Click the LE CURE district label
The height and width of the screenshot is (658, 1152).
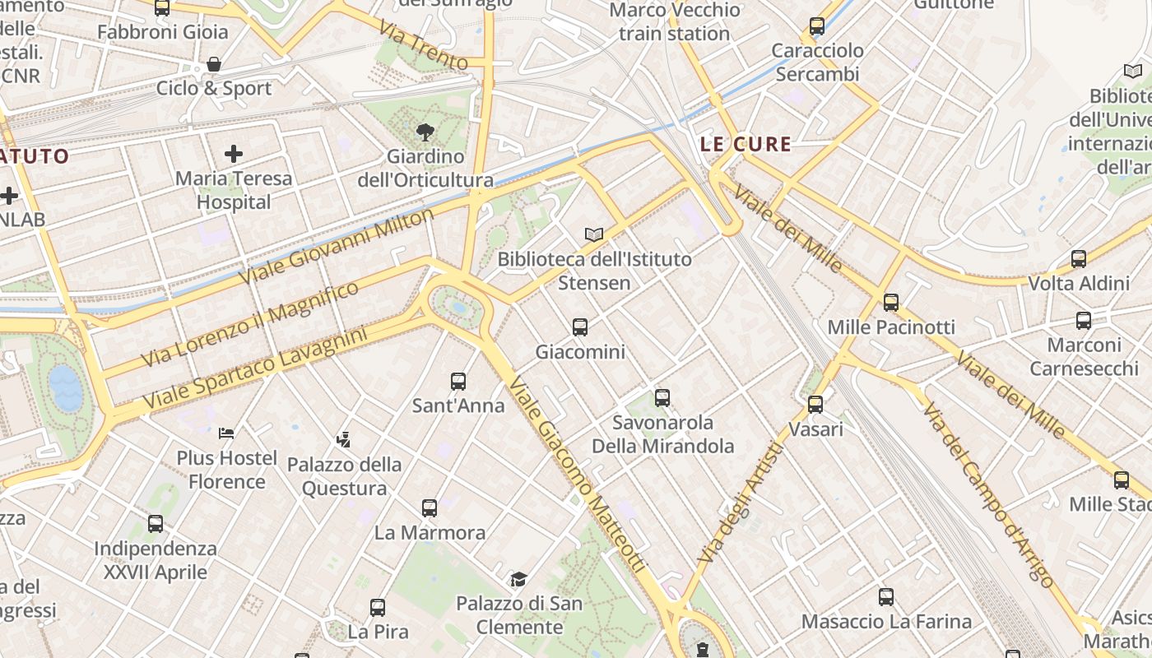(x=746, y=145)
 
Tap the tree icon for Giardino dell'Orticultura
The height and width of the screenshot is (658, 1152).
(x=425, y=131)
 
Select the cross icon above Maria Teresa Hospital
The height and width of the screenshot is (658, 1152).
(x=234, y=153)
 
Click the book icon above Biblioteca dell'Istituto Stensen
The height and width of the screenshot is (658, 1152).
(x=593, y=234)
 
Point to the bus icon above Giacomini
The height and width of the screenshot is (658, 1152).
(x=580, y=327)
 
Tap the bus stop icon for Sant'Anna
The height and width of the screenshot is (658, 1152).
(x=458, y=382)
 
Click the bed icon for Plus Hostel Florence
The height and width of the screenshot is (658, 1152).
(x=226, y=433)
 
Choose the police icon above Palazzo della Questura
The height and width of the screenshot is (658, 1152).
(x=344, y=440)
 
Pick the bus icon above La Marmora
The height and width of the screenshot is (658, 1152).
(x=429, y=507)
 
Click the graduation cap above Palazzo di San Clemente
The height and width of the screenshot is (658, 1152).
(x=518, y=579)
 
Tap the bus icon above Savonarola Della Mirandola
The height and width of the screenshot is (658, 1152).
(x=662, y=398)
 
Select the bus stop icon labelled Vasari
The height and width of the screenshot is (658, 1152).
(x=815, y=405)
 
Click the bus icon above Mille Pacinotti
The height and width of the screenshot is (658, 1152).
(x=891, y=303)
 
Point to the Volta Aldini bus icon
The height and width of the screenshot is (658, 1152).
(x=1079, y=259)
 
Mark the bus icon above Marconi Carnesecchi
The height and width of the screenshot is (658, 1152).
(x=1084, y=321)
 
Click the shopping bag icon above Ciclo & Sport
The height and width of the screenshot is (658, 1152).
(x=214, y=64)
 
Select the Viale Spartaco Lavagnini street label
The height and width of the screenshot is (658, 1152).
(x=254, y=369)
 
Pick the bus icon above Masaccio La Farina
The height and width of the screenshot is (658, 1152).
(x=885, y=597)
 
